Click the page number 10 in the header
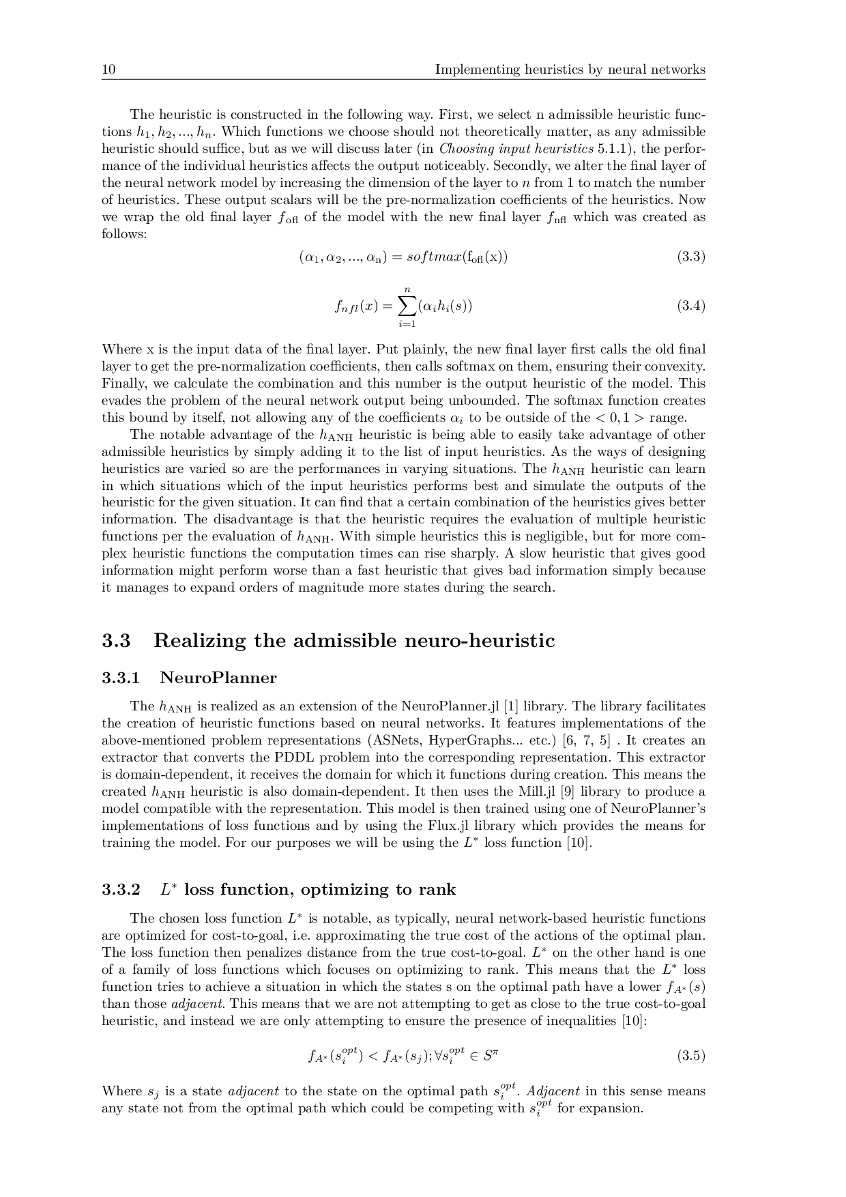[108, 70]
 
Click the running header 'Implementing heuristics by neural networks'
[570, 70]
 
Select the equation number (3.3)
[690, 257]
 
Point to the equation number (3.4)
[690, 305]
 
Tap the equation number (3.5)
[690, 1056]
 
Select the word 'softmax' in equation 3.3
[433, 257]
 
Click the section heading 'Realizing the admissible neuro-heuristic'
[354, 641]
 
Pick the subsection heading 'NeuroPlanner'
[218, 678]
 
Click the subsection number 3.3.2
[121, 890]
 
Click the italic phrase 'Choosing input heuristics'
[516, 149]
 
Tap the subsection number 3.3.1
[121, 678]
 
